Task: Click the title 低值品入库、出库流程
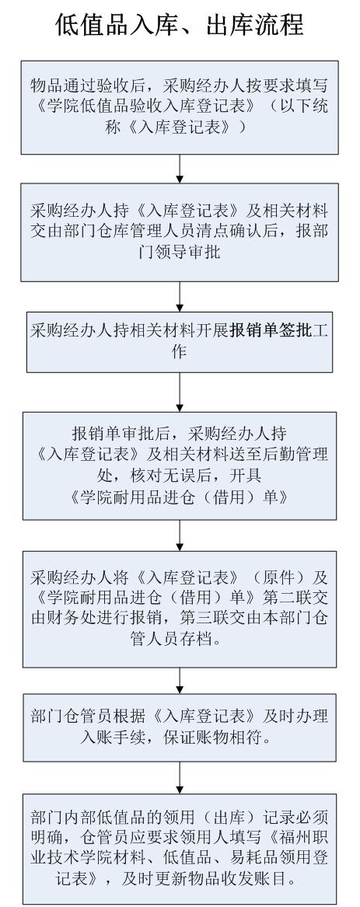click(180, 24)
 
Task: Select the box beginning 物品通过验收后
click(180, 107)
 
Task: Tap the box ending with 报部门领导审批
click(180, 232)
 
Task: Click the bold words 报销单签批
click(271, 331)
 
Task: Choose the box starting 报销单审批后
click(180, 466)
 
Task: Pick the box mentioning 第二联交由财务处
click(180, 609)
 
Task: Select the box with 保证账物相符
click(180, 727)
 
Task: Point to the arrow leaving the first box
click(180, 169)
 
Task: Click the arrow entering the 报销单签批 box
click(180, 297)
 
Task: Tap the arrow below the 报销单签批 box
click(180, 392)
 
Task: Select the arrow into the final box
click(180, 777)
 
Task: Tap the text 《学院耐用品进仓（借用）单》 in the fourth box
click(180, 497)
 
